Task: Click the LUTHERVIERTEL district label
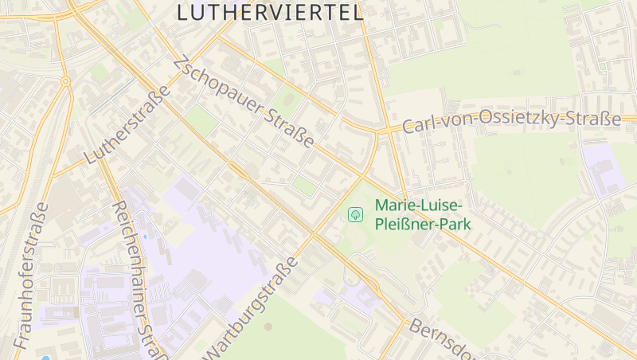click(x=270, y=12)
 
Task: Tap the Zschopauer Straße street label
click(x=243, y=101)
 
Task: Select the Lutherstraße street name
click(x=127, y=125)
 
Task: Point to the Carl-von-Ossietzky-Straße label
click(x=511, y=122)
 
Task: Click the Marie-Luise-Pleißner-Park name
click(x=423, y=214)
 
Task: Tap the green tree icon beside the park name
click(x=355, y=214)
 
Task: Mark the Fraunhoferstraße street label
click(x=30, y=276)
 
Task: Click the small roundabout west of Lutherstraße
click(x=65, y=81)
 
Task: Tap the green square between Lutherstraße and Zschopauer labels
click(x=200, y=121)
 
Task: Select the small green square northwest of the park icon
click(x=304, y=186)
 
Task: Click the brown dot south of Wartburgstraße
click(x=268, y=326)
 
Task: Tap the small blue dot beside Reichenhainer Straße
click(x=145, y=237)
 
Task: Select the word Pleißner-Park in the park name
click(x=423, y=224)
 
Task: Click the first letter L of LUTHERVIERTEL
click(x=182, y=12)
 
